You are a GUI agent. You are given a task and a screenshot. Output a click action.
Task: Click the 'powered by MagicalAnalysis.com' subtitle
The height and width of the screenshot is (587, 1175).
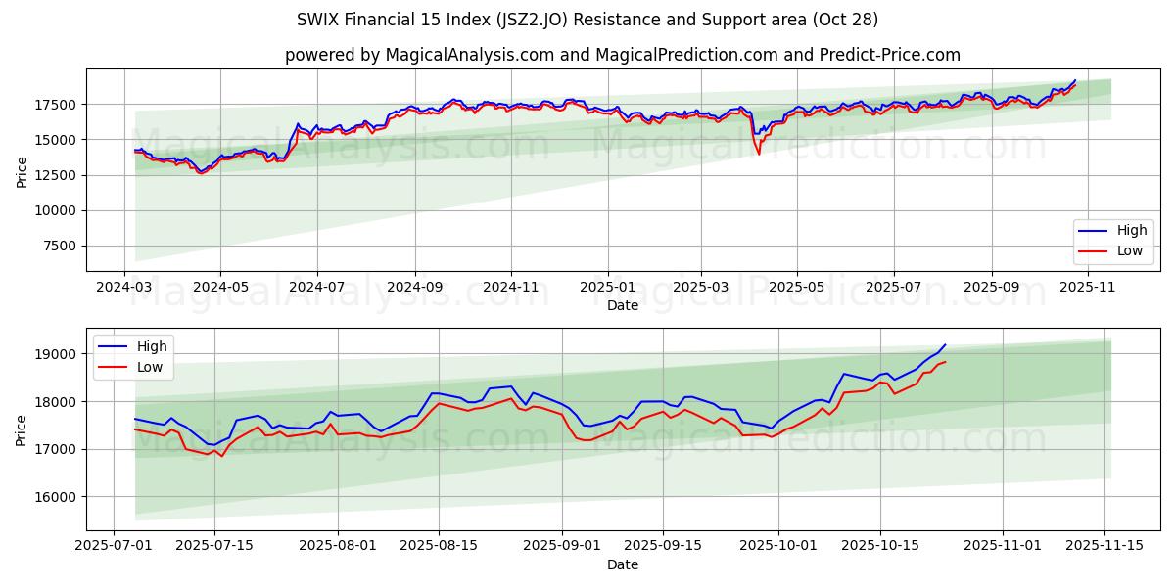coord(622,55)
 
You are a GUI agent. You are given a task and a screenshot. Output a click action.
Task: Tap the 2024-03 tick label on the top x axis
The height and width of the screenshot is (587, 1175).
coord(124,288)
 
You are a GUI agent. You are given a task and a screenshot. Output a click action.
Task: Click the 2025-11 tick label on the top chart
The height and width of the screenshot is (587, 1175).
coord(1087,288)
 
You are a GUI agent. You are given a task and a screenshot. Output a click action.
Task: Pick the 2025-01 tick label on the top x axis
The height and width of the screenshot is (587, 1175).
coord(607,288)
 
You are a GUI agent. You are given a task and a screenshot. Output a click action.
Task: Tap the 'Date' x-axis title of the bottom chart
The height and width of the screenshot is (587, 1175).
coord(622,564)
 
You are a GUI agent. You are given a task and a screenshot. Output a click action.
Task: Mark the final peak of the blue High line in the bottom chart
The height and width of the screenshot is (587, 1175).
coord(945,344)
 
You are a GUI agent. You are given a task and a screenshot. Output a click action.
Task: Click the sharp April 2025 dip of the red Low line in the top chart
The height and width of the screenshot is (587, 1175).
coord(758,154)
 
